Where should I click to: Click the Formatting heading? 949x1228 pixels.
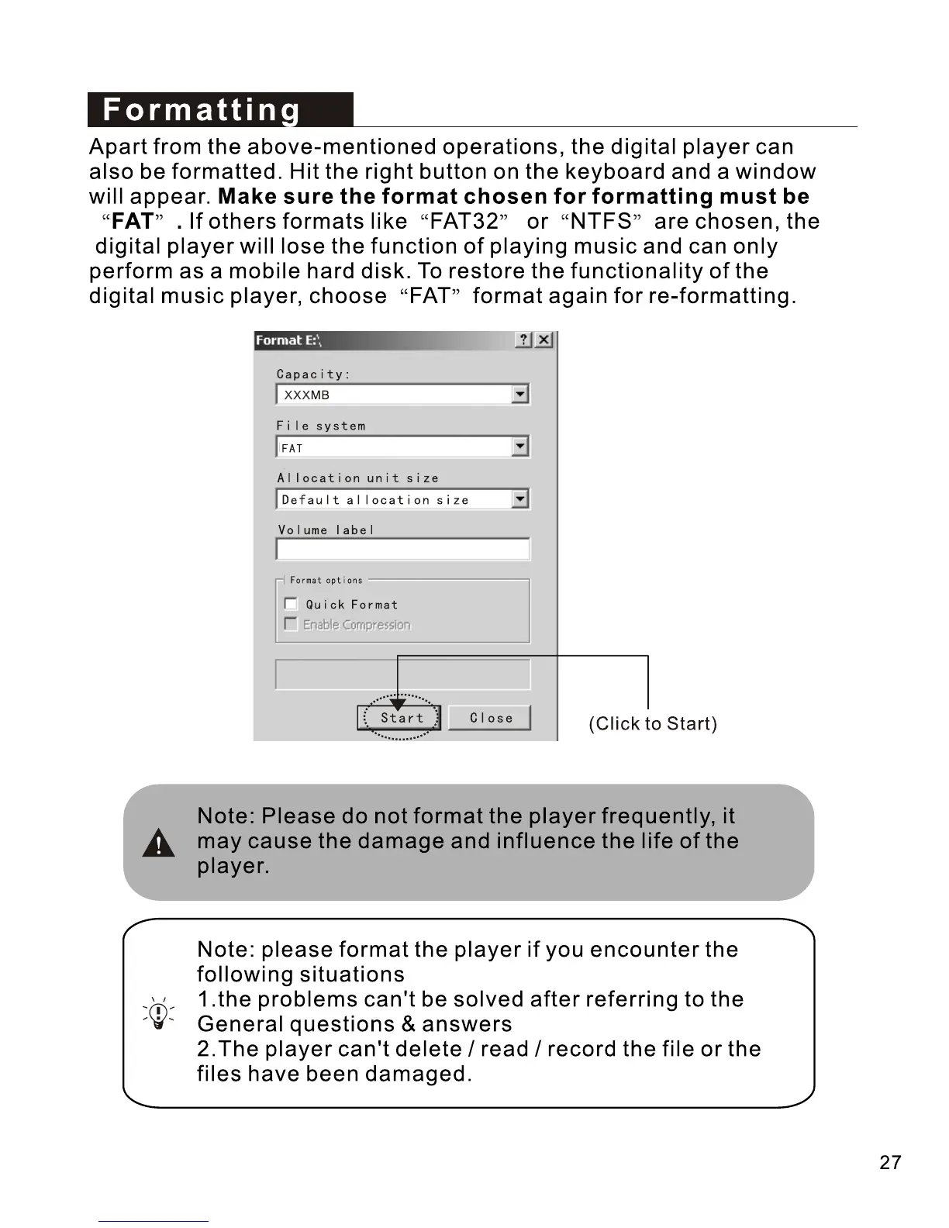coord(202,110)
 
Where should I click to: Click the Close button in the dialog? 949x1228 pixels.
coord(490,718)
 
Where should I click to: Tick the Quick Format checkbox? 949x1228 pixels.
coord(291,604)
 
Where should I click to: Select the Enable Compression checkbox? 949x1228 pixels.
coord(291,624)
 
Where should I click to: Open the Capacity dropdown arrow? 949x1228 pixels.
coord(520,395)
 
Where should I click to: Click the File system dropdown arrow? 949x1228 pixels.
coord(520,447)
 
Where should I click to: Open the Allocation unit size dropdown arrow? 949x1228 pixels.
coord(520,498)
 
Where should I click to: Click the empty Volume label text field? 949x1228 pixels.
coord(402,549)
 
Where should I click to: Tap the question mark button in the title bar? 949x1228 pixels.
coord(524,340)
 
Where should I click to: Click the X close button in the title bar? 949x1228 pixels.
coord(544,340)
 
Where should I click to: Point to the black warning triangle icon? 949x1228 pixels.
coord(159,843)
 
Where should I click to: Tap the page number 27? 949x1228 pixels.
coord(890,1162)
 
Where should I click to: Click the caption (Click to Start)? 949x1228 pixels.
coord(653,724)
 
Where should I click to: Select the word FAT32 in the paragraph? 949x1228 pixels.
coord(464,222)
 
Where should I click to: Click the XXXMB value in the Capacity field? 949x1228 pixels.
coord(307,395)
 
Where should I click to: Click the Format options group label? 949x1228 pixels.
coord(326,580)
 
